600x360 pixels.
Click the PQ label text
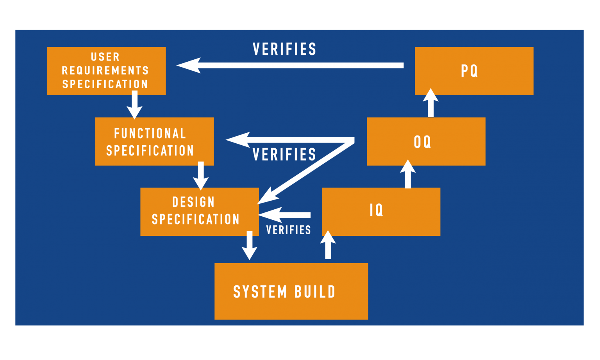coord(469,71)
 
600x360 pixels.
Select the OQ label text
coord(422,142)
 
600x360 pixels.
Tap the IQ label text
coord(376,210)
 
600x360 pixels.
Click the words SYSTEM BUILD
coord(284,292)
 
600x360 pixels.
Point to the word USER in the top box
coord(105,57)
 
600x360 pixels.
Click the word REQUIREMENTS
coord(105,71)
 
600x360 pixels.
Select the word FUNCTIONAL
coord(150,134)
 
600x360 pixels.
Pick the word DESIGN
coord(193,202)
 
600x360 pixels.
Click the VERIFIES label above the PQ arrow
coord(284,50)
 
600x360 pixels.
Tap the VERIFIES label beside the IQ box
coord(288,230)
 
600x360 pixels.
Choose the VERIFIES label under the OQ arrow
coord(284,155)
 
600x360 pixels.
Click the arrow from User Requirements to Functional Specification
coord(134,105)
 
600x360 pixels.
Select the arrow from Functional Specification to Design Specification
coord(201,176)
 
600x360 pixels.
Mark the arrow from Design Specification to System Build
coord(250,245)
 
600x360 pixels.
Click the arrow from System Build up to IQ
coord(328,245)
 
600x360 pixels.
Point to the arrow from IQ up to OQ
coord(408,175)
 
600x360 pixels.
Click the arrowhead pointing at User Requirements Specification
coord(189,65)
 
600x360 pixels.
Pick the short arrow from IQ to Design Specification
coord(285,215)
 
